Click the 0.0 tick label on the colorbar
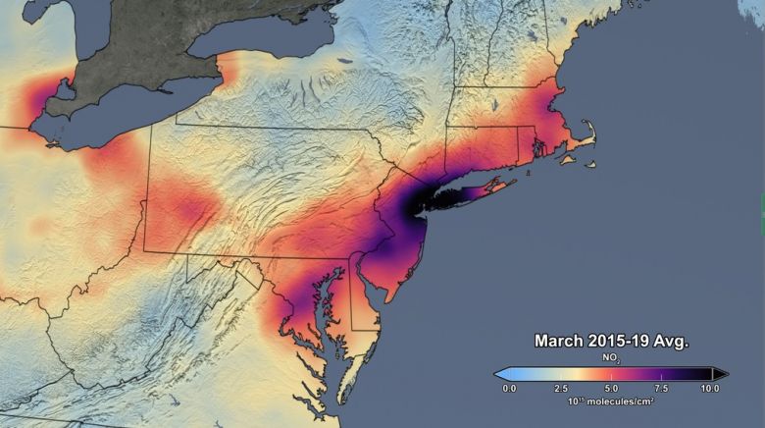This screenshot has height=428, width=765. tap(509, 389)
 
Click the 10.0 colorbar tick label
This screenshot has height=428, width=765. tap(710, 389)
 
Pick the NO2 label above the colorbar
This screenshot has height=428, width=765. tap(611, 359)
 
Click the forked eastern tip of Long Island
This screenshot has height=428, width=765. tap(510, 182)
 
